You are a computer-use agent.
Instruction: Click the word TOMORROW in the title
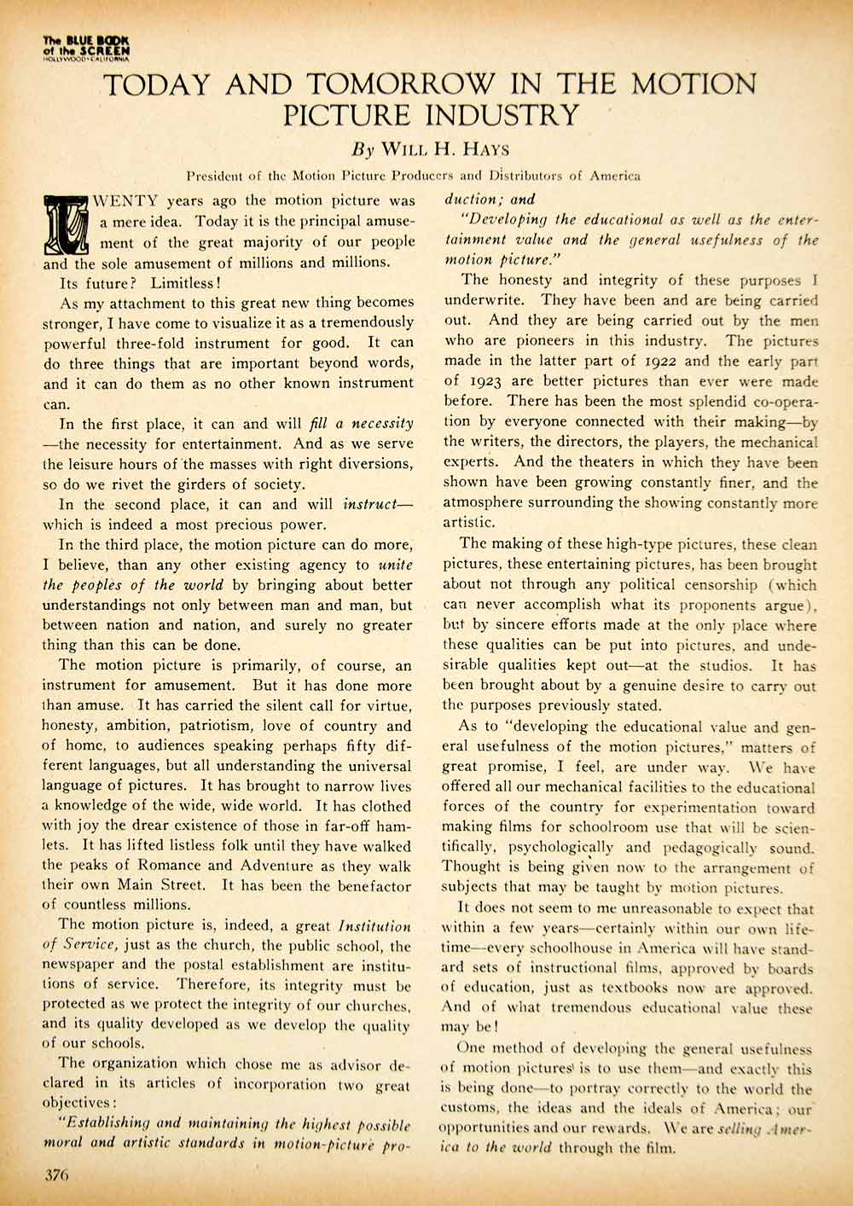click(400, 84)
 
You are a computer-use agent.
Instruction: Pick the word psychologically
click(561, 848)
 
